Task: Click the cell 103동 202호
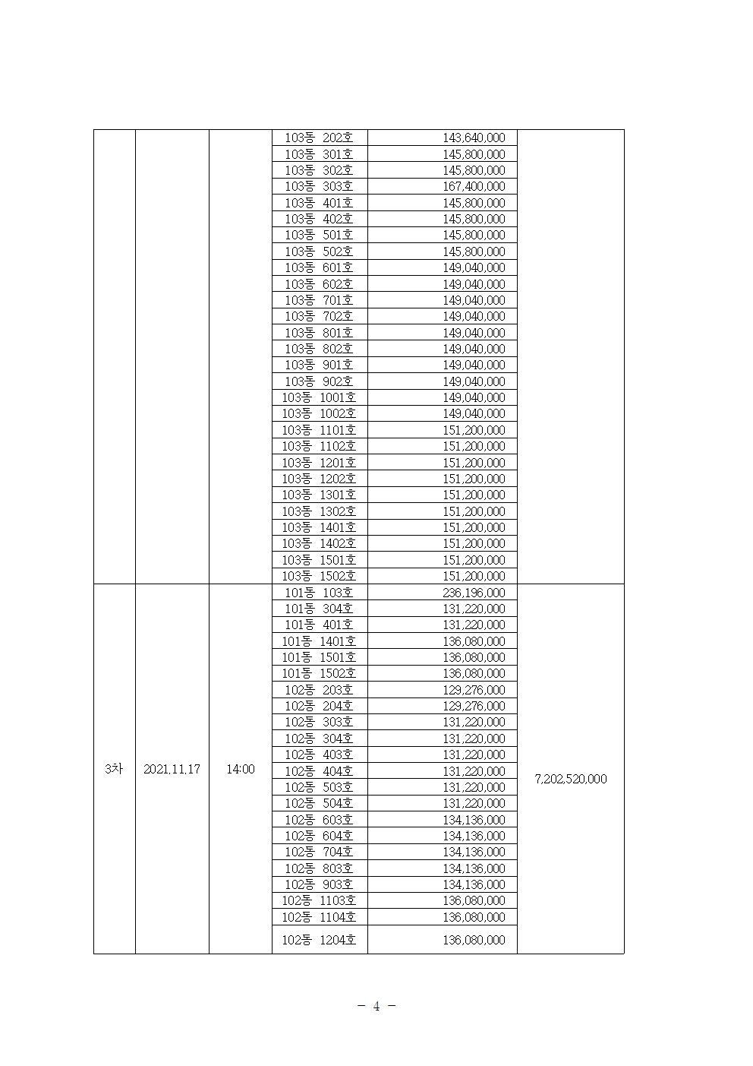coord(319,138)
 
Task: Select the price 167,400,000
coord(474,186)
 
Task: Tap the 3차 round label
coord(113,769)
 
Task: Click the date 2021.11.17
coord(172,769)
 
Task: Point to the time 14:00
coord(240,769)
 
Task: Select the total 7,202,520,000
coord(570,779)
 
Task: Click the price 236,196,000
coord(474,593)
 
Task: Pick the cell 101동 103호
coord(319,593)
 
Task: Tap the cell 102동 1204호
coord(319,940)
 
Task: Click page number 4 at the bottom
coord(376,1007)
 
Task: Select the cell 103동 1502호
coord(319,576)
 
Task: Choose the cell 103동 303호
coord(319,186)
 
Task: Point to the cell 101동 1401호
coord(319,641)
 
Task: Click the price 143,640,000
coord(474,138)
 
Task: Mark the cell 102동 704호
coord(319,852)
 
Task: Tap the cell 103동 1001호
coord(319,397)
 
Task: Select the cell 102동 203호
coord(319,690)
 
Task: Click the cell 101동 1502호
coord(319,673)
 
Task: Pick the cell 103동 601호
coord(319,267)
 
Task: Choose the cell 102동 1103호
coord(319,900)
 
